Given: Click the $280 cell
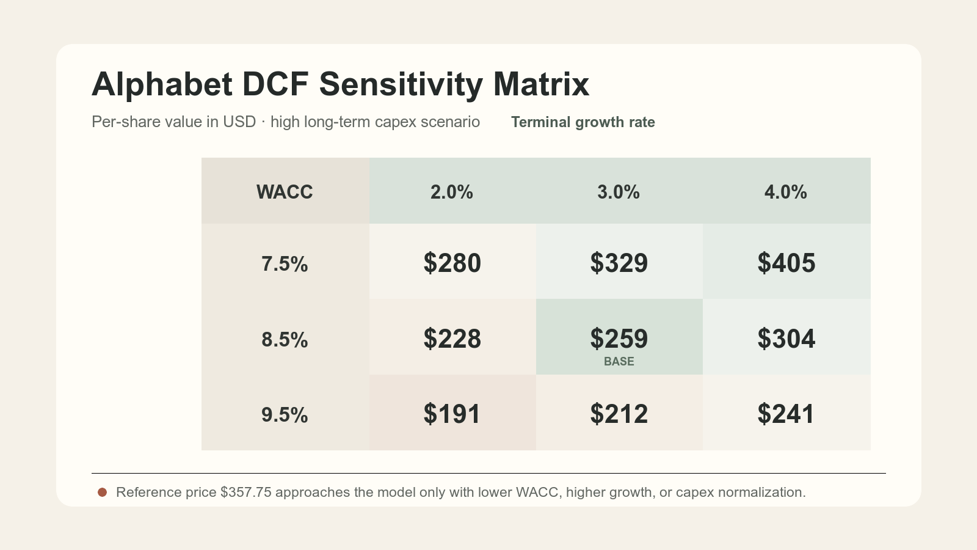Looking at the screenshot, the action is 452,262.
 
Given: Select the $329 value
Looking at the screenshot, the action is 619,263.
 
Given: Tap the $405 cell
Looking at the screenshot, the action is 786,262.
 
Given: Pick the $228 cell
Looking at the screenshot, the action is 452,337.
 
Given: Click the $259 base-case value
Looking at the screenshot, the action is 619,339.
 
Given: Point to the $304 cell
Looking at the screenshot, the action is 786,337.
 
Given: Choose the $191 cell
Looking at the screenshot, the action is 452,412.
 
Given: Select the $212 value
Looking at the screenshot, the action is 619,414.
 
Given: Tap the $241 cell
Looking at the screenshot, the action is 786,412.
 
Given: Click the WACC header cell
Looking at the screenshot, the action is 285,191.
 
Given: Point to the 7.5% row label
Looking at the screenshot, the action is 285,264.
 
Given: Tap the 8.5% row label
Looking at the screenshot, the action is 285,340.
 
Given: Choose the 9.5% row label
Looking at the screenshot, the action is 285,415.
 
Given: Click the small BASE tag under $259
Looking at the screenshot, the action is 619,361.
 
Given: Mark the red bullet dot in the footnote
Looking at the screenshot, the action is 103,493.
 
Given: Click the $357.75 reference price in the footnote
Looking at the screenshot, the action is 246,493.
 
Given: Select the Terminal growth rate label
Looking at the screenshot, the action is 583,122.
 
